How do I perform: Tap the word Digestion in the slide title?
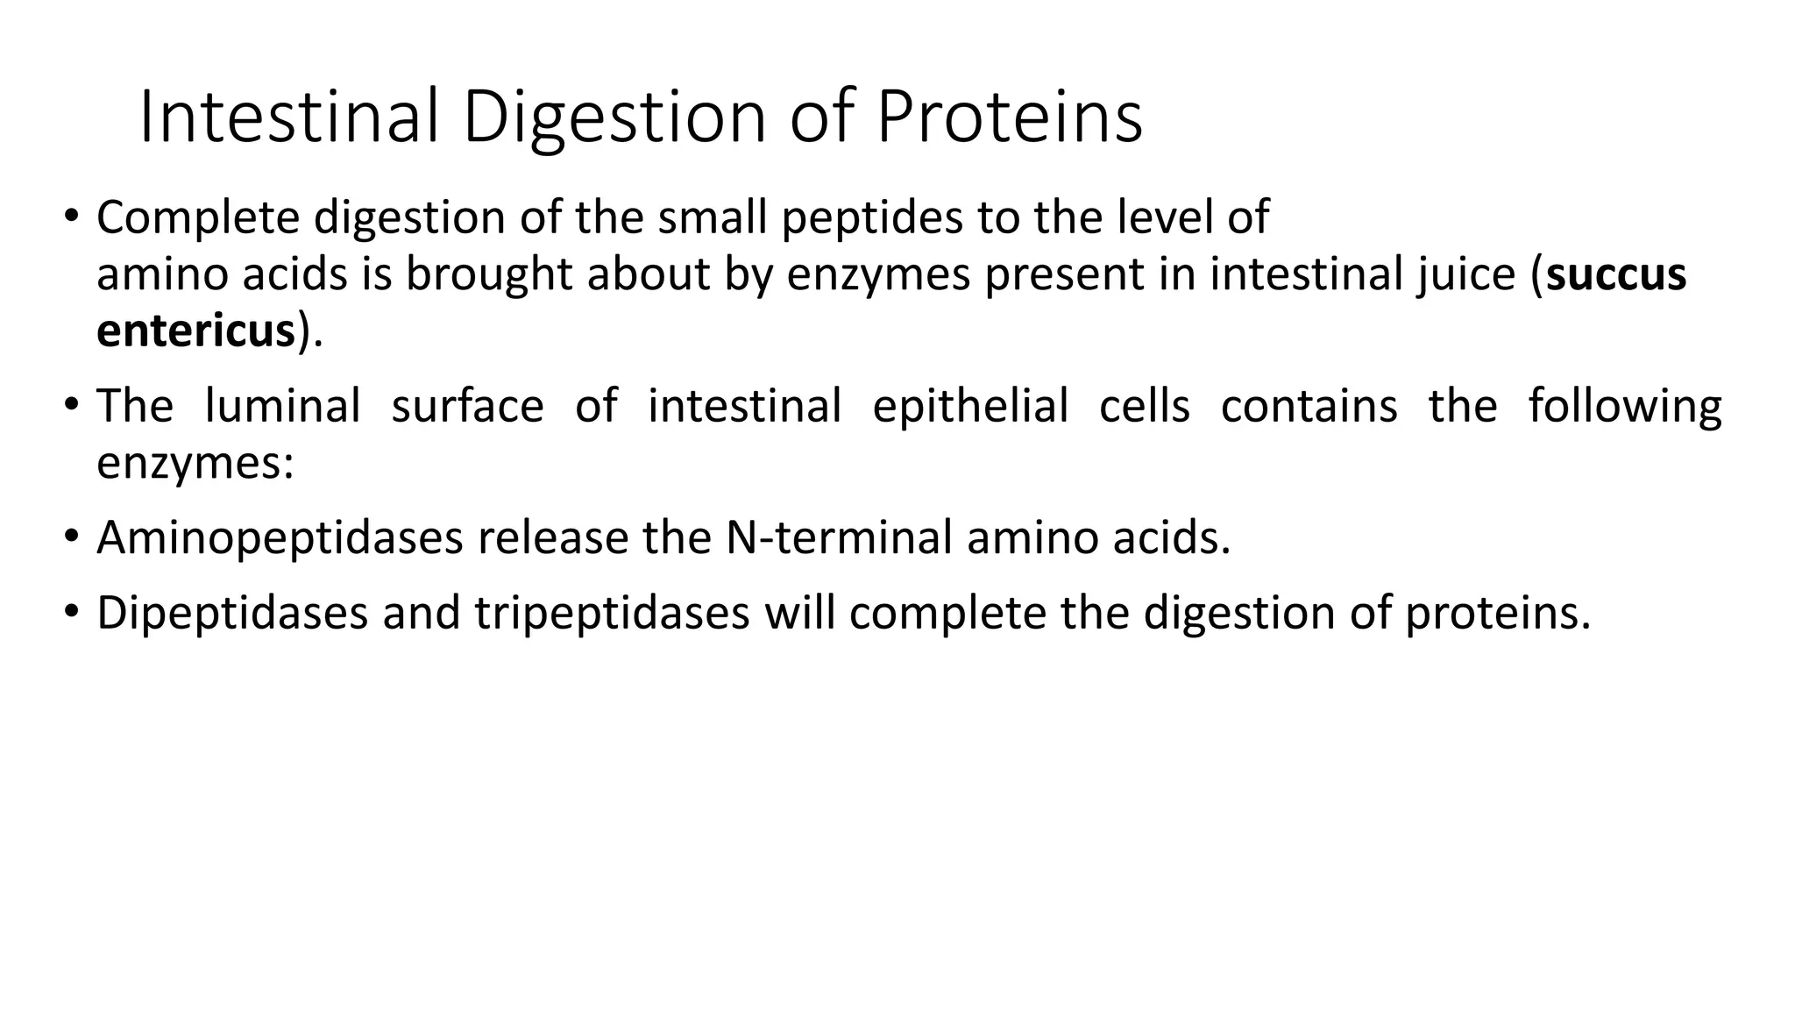pyautogui.click(x=614, y=118)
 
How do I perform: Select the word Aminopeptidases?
pyautogui.click(x=280, y=537)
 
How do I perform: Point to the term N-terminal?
pyautogui.click(x=839, y=537)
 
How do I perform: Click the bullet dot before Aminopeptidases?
pyautogui.click(x=71, y=536)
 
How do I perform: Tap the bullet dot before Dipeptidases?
pyautogui.click(x=71, y=610)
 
